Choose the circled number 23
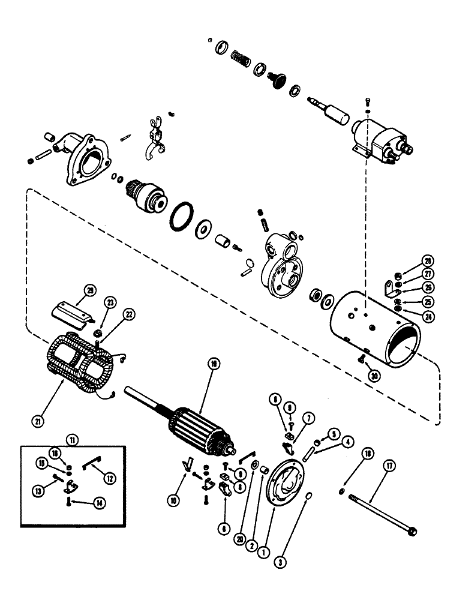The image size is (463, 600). tap(110, 302)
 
